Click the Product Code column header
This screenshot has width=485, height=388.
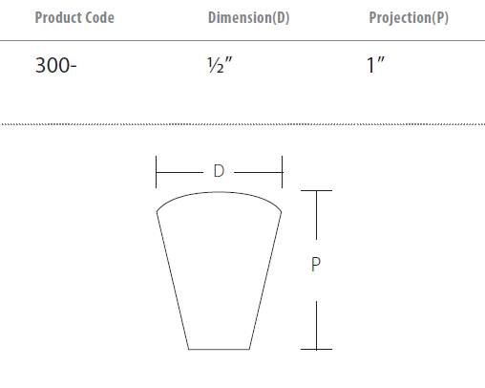[74, 17]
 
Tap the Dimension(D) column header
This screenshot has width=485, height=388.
[248, 17]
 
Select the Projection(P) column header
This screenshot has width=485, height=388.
[409, 17]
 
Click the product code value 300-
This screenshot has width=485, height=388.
[55, 65]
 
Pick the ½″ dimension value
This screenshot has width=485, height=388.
[220, 65]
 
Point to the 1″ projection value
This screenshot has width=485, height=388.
[375, 65]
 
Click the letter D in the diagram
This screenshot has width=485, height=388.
[219, 171]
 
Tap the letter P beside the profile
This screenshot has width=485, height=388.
[316, 265]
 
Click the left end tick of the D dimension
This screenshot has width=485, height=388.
[156, 172]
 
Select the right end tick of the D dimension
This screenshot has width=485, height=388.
[282, 172]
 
